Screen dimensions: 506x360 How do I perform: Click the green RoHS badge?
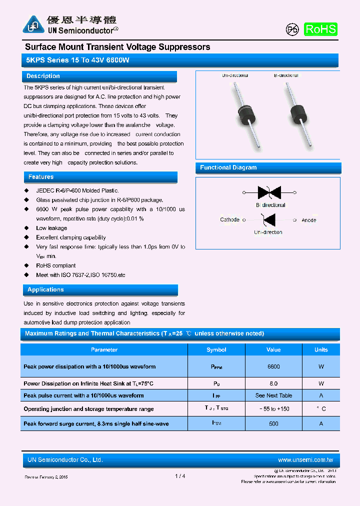(320, 29)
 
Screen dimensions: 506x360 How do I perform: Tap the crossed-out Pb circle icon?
(292, 29)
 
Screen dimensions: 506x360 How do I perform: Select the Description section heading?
(43, 76)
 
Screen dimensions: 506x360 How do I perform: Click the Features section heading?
(41, 177)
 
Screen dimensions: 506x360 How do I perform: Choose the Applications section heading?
(45, 290)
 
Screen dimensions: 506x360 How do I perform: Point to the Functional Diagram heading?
(228, 167)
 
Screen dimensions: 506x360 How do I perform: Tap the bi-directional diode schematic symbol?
(269, 192)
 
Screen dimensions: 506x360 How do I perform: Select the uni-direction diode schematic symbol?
(269, 219)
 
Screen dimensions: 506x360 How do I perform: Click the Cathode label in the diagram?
(229, 220)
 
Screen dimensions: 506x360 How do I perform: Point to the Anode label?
(309, 220)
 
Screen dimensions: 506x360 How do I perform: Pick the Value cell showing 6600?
(273, 366)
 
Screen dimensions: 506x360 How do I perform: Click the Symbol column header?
(216, 350)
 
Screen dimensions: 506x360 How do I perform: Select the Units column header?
(321, 350)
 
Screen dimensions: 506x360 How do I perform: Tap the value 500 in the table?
(273, 423)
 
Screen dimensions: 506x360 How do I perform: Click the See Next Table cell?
(273, 395)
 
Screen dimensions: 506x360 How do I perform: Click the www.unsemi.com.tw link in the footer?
(305, 460)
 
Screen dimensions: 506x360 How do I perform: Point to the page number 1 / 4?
(180, 476)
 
